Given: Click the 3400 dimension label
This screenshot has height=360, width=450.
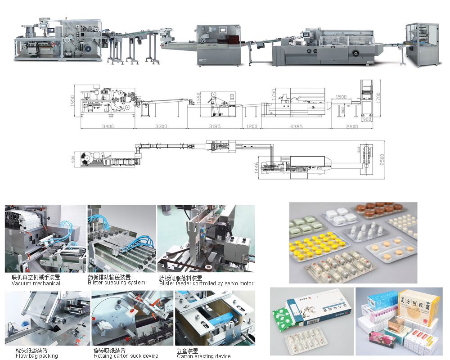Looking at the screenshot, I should pos(108,126).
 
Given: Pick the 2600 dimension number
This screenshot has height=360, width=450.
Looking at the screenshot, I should pos(352,126).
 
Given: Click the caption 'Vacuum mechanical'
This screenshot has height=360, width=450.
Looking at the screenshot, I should pos(36,283).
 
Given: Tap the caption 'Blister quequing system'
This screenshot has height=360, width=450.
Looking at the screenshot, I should pos(116,283).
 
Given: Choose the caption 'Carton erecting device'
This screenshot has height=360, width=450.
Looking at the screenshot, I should pos(203,356).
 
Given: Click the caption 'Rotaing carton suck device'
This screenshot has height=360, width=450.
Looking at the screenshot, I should pos(126,356).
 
